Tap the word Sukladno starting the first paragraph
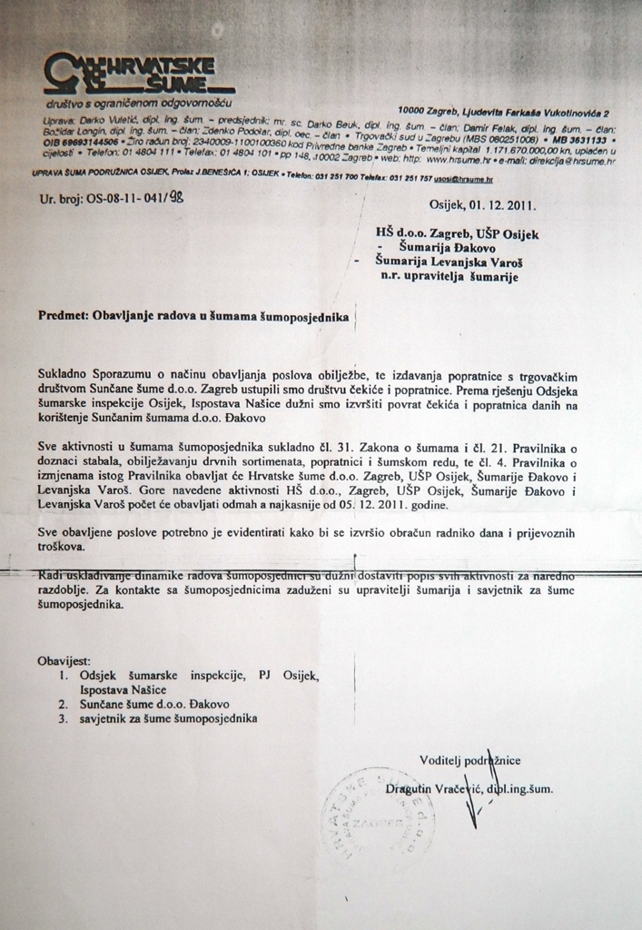coord(65,375)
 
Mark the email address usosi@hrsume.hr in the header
coord(473,181)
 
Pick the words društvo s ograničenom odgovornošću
coord(140,105)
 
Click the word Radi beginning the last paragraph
coord(53,576)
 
